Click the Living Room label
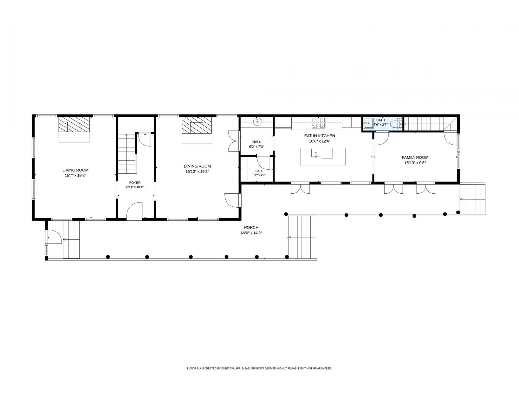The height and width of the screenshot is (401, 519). click(75, 170)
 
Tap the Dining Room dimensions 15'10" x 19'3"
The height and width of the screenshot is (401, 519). click(197, 171)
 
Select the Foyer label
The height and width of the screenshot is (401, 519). click(135, 183)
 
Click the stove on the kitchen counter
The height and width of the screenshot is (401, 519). click(319, 122)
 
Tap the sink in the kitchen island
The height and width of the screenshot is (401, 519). click(315, 153)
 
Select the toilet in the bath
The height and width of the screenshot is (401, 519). click(396, 124)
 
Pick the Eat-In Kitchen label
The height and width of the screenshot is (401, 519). click(320, 136)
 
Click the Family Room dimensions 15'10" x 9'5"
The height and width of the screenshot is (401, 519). click(415, 163)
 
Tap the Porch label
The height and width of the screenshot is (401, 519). click(251, 227)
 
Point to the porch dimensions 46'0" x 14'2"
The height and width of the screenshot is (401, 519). click(251, 233)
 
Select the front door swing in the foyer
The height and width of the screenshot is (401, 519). click(134, 210)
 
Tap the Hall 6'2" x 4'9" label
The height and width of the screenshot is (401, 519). click(259, 173)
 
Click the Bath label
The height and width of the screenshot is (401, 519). click(380, 120)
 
